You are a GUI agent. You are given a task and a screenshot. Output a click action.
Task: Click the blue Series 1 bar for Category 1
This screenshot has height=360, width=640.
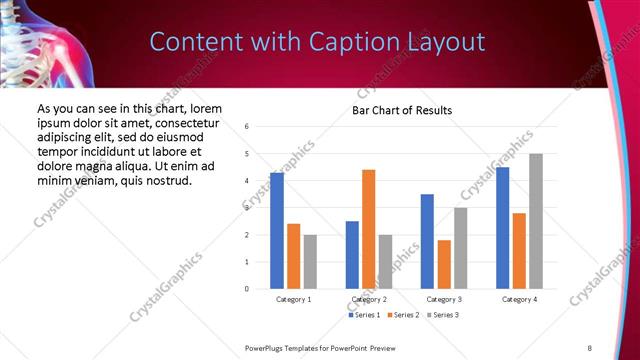point(277,231)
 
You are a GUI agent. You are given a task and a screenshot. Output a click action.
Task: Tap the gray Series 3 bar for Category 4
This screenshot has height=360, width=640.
point(536,221)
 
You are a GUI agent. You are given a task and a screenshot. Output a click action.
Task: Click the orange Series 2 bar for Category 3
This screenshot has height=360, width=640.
point(444,264)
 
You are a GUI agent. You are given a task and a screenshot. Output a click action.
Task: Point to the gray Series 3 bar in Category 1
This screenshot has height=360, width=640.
point(310,262)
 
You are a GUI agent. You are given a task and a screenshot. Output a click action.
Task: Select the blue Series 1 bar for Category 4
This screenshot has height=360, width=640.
point(502,228)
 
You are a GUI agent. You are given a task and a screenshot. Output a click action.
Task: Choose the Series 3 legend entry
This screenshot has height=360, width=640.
point(445,315)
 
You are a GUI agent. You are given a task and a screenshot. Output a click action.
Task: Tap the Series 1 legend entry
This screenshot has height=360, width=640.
point(365,315)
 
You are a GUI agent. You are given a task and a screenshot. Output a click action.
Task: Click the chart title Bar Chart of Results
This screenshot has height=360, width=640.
point(402,110)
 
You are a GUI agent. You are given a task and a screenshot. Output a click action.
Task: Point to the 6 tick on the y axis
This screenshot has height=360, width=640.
point(246,127)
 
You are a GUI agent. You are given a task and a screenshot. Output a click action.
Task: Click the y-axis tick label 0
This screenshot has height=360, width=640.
point(246,289)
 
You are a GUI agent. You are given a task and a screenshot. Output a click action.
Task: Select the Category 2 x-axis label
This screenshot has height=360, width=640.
point(368,299)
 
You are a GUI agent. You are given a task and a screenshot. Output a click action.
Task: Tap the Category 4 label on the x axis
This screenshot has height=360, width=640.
point(519,299)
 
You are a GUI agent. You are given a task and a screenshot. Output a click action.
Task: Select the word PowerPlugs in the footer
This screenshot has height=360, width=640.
point(267,347)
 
